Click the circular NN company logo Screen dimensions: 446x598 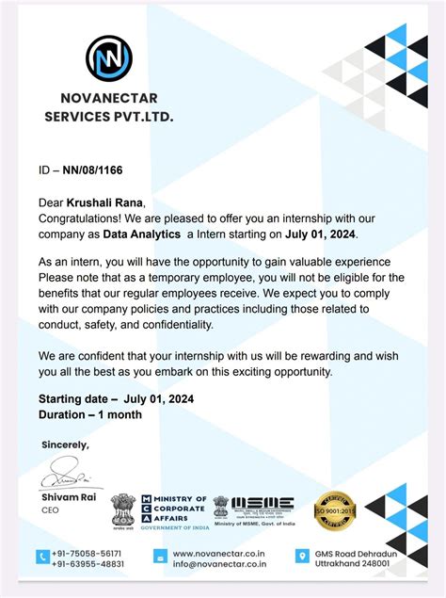[x=108, y=57]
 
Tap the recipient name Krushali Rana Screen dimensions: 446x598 [x=105, y=202]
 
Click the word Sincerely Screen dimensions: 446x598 [x=66, y=444]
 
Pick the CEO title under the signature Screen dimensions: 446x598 [x=50, y=510]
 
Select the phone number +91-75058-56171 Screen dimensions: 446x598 [x=88, y=553]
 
